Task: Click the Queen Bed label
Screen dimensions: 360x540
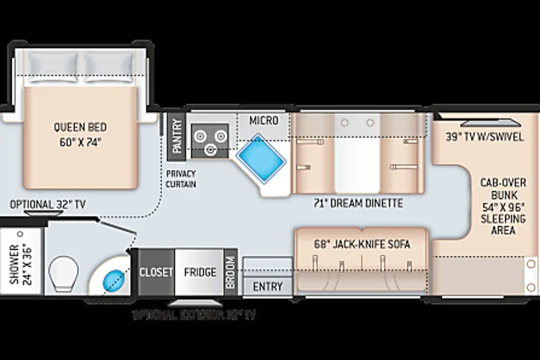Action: [x=80, y=135]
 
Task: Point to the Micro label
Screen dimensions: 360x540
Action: [x=264, y=121]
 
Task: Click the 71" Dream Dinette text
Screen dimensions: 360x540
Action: [x=358, y=203]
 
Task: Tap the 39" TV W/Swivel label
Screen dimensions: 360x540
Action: [x=484, y=137]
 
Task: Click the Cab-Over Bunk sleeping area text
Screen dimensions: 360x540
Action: [x=495, y=206]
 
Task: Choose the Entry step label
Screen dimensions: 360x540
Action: [x=268, y=287]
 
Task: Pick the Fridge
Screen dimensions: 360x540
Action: [x=200, y=272]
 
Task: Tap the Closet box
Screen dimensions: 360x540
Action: [x=156, y=272]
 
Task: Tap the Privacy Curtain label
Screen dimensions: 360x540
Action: [x=181, y=179]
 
